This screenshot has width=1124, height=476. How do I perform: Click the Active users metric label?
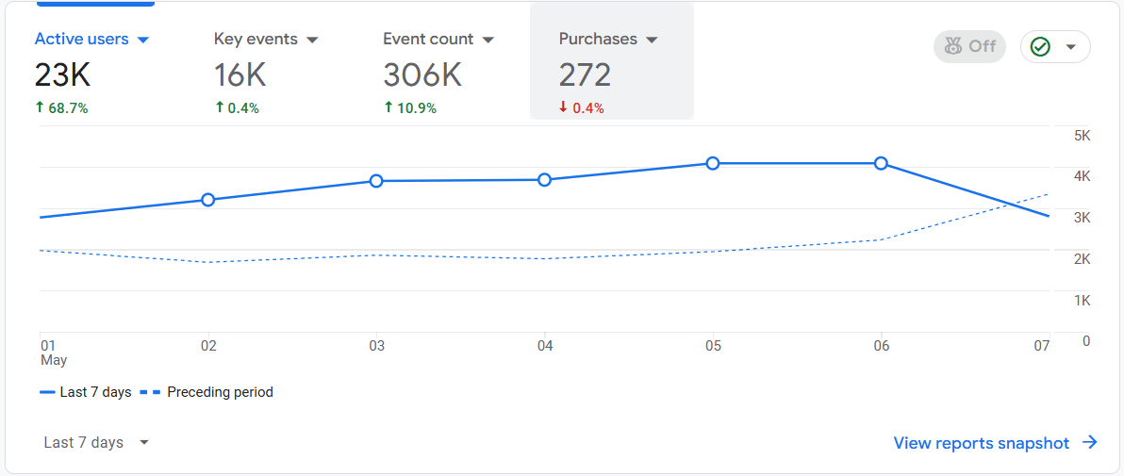(81, 40)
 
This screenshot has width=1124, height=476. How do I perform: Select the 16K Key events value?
(240, 75)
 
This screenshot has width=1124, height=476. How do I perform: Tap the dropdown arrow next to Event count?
(488, 40)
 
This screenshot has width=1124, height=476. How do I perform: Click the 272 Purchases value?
(585, 75)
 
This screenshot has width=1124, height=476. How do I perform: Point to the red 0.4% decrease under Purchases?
(582, 108)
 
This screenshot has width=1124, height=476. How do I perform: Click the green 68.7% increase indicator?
(61, 108)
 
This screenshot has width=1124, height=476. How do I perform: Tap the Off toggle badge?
(969, 46)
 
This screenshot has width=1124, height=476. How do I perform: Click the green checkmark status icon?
(1040, 46)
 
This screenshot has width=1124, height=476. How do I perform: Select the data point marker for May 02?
(208, 200)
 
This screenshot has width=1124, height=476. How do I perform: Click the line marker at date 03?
(376, 181)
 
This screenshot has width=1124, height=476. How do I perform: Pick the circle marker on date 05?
(713, 163)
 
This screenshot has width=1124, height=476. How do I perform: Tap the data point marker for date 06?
(881, 163)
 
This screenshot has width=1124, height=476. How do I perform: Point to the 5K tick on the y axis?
(1082, 136)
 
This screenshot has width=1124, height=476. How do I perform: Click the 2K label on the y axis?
(1082, 259)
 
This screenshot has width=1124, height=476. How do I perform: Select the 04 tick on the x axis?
(545, 346)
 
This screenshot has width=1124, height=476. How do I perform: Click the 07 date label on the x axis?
(1041, 346)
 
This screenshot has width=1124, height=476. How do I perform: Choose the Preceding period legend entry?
(207, 392)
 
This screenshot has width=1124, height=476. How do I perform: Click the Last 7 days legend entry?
(86, 392)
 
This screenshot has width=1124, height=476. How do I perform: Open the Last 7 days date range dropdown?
(96, 443)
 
